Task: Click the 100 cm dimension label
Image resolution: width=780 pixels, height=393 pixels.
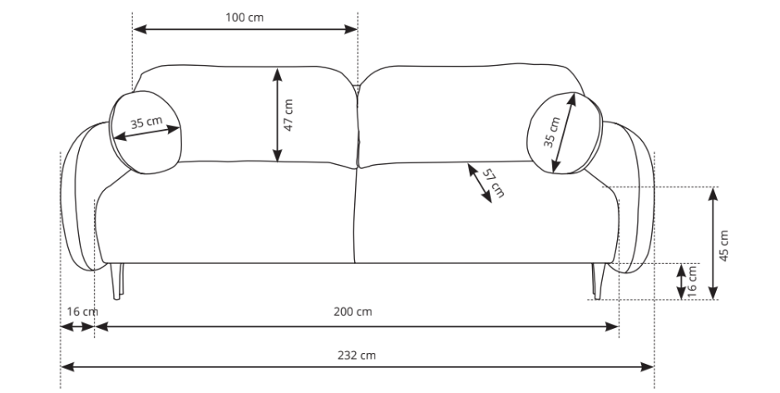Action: coord(244,17)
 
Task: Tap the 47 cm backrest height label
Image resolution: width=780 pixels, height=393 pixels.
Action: coord(288,115)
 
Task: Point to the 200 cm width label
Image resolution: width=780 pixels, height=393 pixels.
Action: coord(353,311)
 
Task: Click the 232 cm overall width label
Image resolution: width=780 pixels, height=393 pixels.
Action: coord(357,356)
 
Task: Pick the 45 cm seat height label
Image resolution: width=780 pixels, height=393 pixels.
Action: coord(723,246)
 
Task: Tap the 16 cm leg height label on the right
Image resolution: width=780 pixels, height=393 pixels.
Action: coord(692,282)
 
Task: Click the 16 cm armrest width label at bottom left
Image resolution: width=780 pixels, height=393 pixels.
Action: coord(82,311)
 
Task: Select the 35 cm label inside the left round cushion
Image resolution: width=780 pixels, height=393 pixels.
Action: coord(146,122)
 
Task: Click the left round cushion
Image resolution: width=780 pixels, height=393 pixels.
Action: coord(145,132)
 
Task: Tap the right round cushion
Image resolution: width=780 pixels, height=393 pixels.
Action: coord(565,133)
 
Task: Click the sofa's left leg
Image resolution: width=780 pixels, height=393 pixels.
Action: coord(116,281)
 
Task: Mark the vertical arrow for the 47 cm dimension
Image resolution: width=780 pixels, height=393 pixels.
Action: coord(278,115)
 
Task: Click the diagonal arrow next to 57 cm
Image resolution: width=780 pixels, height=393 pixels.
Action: coord(480,183)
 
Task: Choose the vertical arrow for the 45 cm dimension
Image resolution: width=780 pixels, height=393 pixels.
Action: coord(713,243)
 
